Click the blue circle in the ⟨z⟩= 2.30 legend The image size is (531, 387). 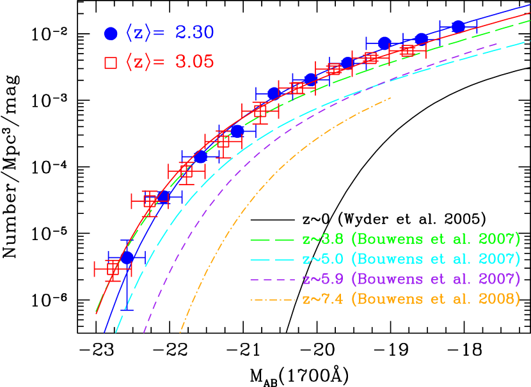pos(111,33)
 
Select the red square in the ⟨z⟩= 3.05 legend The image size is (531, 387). pos(111,63)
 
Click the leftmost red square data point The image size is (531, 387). pos(113,269)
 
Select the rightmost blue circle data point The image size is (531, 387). pos(458,26)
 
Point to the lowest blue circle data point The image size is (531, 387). pos(127,257)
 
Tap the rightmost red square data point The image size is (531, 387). pos(408,50)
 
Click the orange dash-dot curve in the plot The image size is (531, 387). pos(256,192)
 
